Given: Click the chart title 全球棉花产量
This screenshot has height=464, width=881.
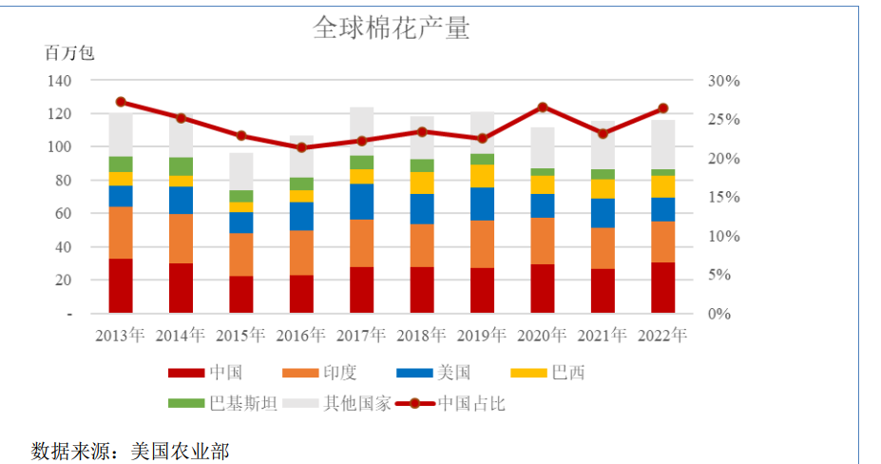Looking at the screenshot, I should [x=391, y=28].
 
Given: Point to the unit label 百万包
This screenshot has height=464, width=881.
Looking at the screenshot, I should [x=69, y=53].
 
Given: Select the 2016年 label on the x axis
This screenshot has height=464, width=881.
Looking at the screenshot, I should [x=300, y=336].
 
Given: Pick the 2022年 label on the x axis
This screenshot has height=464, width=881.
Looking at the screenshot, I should [x=662, y=336].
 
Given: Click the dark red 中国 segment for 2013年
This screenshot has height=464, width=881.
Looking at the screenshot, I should [x=121, y=285].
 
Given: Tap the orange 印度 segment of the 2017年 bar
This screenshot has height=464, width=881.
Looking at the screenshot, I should [x=361, y=243].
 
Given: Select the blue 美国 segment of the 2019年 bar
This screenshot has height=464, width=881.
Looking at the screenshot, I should [x=482, y=203].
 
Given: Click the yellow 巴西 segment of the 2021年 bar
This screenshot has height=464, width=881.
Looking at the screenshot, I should [x=603, y=188].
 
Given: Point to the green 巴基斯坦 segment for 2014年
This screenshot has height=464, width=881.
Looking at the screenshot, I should [x=181, y=166].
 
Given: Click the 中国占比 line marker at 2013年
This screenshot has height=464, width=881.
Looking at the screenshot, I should [x=121, y=102].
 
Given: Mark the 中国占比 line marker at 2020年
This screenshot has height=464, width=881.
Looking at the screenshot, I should [x=543, y=107].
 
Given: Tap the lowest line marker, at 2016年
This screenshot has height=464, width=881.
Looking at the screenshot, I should [x=301, y=147].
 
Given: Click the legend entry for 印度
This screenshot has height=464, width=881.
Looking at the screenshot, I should [x=328, y=373].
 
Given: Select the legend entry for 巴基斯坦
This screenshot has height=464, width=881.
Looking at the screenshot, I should [x=223, y=403].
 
